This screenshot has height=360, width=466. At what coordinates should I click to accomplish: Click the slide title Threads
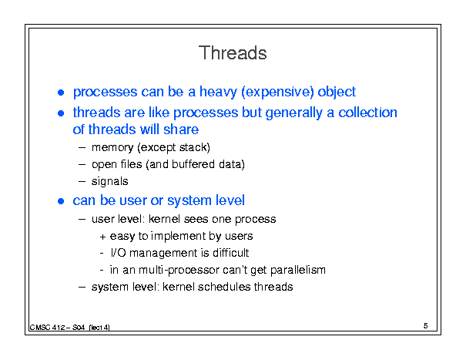click(233, 53)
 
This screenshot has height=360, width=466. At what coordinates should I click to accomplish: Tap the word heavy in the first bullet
click(218, 92)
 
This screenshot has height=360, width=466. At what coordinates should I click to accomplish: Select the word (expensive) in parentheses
click(277, 92)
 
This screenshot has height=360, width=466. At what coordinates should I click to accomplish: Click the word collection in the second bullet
click(368, 113)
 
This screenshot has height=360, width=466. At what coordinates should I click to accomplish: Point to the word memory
click(112, 148)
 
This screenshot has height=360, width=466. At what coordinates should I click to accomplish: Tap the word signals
click(109, 181)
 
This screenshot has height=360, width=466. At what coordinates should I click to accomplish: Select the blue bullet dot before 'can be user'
click(61, 201)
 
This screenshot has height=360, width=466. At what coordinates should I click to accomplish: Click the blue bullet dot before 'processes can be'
click(61, 93)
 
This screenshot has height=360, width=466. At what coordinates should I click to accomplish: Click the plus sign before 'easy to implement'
click(102, 237)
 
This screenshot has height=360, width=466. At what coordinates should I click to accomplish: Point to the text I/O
click(118, 253)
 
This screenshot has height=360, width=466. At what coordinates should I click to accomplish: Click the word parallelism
click(298, 270)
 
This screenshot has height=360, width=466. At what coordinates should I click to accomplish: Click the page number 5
click(426, 326)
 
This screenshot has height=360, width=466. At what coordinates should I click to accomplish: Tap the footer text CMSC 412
click(47, 328)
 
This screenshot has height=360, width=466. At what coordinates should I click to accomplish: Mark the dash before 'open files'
click(82, 164)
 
